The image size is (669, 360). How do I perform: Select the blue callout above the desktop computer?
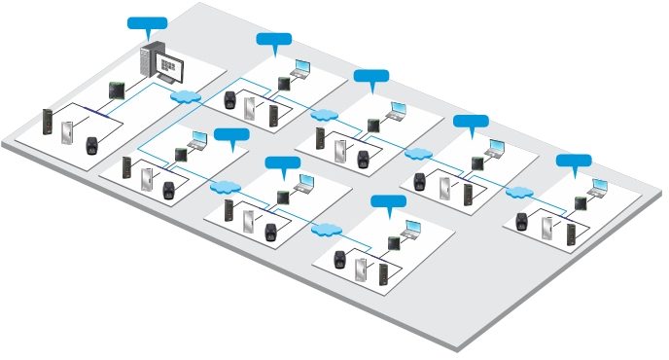[x=147, y=23]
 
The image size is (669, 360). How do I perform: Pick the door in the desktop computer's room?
[x=68, y=131]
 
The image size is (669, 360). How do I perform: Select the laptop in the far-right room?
[x=597, y=186]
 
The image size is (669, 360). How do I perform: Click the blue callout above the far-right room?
[x=573, y=161]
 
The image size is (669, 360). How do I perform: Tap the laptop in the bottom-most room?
[x=411, y=229]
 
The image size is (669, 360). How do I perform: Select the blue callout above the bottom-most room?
[x=388, y=201]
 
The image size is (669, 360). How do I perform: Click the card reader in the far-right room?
[x=571, y=234]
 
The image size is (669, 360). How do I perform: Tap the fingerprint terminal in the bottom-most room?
[x=339, y=259]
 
